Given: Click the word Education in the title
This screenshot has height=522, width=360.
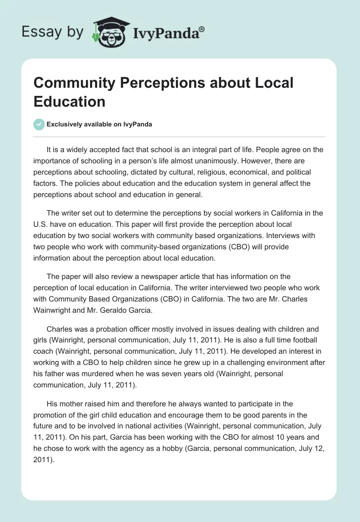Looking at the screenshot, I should (69, 101).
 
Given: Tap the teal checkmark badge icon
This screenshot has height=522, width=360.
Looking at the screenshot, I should (39, 125).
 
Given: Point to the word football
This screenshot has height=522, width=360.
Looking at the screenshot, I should (285, 341).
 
